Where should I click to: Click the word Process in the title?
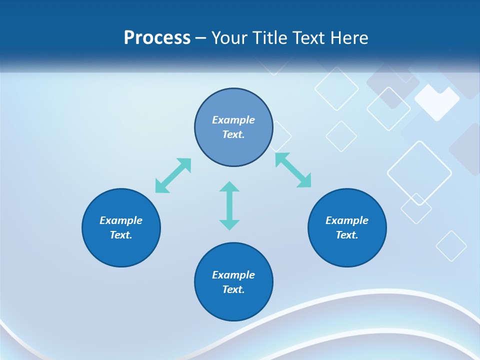[157, 38]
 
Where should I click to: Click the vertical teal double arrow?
[229, 205]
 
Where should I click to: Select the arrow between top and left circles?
[173, 175]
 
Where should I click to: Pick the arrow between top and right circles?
[293, 170]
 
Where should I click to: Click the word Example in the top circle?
[233, 120]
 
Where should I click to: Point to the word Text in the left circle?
[121, 235]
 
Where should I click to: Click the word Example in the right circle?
[347, 220]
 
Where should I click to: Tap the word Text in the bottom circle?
[233, 289]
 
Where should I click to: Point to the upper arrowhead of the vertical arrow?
[229, 187]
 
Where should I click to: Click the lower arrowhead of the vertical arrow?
[229, 224]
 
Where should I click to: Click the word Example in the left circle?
[121, 220]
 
